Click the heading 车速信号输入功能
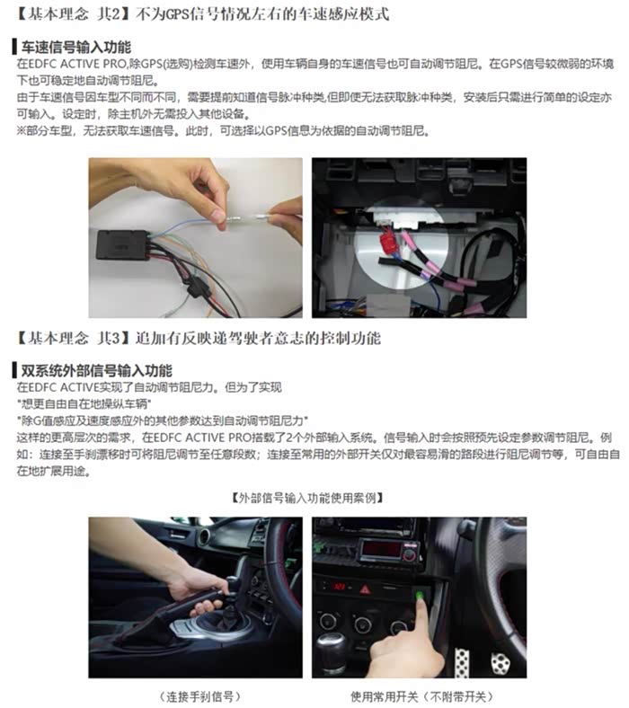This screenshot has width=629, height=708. click(x=75, y=47)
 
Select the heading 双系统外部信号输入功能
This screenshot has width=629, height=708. click(x=97, y=371)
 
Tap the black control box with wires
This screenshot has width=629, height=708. click(x=122, y=244)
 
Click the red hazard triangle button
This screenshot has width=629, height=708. click(x=365, y=589)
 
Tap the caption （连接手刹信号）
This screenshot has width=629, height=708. click(x=199, y=695)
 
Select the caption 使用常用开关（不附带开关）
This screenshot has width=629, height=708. click(x=421, y=695)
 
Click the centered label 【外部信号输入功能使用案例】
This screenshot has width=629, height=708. click(x=307, y=498)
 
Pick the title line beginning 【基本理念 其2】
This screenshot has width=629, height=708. click(x=201, y=13)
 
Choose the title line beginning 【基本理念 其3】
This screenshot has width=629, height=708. click(x=198, y=338)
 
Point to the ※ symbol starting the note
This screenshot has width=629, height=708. click(x=22, y=131)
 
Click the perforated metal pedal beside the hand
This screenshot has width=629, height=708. click(x=462, y=663)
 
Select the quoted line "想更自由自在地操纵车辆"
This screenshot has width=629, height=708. click(x=84, y=403)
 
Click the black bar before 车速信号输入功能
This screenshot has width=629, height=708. click(x=15, y=47)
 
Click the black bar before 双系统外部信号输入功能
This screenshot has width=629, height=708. click(x=15, y=371)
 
